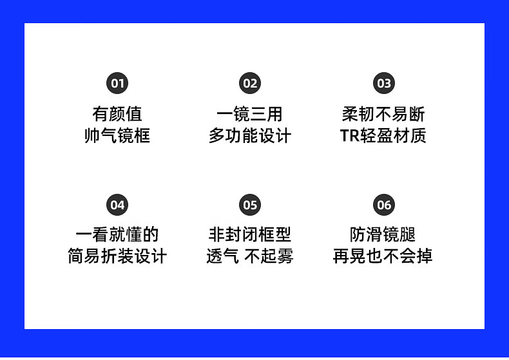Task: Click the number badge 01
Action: (x=117, y=83)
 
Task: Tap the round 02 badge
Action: (x=250, y=83)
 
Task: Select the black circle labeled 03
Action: (x=384, y=83)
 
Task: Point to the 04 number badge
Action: (x=117, y=205)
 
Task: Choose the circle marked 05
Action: (x=250, y=205)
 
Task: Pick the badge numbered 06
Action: (x=384, y=205)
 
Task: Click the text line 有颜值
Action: (x=117, y=115)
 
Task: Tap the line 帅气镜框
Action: (x=117, y=136)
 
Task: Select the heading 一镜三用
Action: (x=250, y=115)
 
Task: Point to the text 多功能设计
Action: (x=250, y=136)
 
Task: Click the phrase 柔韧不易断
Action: (x=383, y=115)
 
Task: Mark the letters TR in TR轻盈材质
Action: (x=349, y=136)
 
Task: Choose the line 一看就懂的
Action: (x=117, y=234)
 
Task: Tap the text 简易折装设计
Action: (x=117, y=256)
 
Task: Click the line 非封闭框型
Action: (x=250, y=234)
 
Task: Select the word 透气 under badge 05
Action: (x=222, y=256)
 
